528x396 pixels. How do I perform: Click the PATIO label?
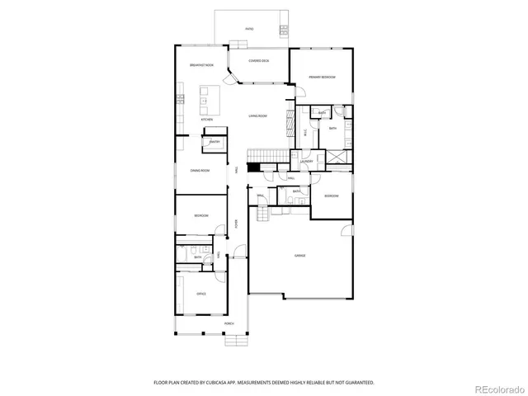pos(249,29)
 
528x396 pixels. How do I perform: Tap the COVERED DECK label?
pos(260,61)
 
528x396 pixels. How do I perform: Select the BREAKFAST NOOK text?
pos(202,65)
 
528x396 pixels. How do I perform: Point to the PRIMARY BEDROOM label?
pos(322,77)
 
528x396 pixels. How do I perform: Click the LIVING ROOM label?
pos(258,116)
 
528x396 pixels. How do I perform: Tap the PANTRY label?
pos(214,142)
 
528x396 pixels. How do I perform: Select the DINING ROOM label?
pos(200,171)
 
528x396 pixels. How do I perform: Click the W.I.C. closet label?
pos(305,130)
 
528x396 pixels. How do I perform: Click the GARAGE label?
pos(300,256)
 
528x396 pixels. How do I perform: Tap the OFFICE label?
pos(200,294)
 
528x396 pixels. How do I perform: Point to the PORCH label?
pos(229,324)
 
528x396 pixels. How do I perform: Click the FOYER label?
pos(236,223)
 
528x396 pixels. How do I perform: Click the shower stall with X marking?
pos(337,158)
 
